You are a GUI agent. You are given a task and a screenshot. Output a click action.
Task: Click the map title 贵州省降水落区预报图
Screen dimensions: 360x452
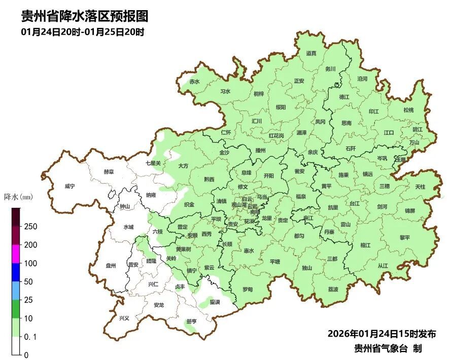click(84, 16)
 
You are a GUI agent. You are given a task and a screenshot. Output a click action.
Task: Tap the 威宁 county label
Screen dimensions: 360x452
click(69, 186)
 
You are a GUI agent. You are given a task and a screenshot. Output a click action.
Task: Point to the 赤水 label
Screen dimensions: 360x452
click(194, 82)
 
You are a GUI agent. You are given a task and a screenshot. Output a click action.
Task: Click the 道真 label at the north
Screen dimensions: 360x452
click(311, 53)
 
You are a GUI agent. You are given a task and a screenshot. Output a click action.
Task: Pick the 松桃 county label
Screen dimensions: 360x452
click(408, 110)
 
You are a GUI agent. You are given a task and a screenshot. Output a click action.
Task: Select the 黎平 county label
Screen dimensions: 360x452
click(404, 238)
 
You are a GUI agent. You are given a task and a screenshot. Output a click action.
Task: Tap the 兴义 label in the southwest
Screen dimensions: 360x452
click(124, 318)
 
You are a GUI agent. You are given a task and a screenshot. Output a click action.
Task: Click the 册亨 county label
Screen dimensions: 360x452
click(191, 321)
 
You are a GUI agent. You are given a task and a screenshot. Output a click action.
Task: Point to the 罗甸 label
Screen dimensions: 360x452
click(247, 289)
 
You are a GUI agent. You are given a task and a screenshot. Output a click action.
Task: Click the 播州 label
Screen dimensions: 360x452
click(261, 151)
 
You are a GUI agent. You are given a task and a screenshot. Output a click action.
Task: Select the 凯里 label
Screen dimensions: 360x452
click(333, 207)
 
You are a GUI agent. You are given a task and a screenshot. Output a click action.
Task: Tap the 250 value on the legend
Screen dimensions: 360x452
click(31, 227)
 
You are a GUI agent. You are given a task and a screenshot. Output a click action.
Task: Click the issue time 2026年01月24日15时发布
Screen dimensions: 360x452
click(381, 334)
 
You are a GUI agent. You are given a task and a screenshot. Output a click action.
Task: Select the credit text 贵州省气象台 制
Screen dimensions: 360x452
click(388, 348)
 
